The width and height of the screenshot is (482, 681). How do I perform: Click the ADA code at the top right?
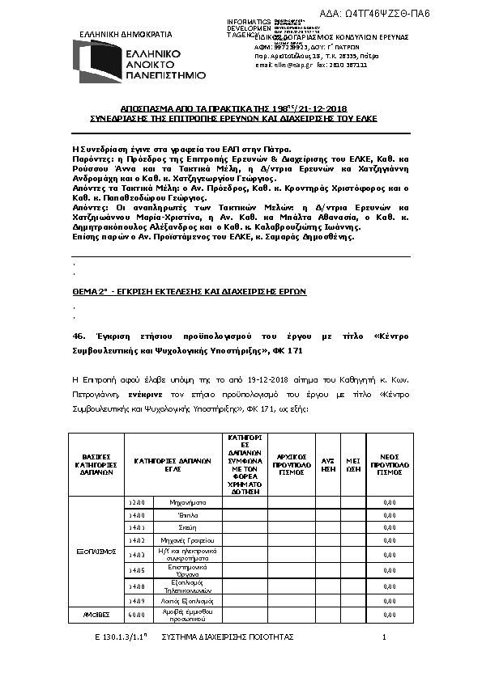pyautogui.click(x=409, y=14)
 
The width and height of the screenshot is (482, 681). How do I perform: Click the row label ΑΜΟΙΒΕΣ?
pyautogui.click(x=96, y=615)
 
